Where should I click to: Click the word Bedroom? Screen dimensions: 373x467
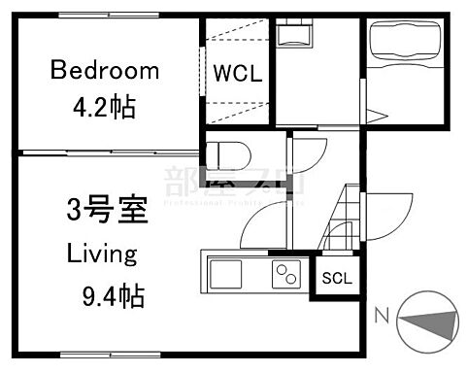click(x=105, y=70)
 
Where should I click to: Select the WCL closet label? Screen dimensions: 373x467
click(x=237, y=75)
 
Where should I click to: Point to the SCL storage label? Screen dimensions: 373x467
click(x=338, y=278)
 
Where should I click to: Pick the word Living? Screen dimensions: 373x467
click(x=100, y=254)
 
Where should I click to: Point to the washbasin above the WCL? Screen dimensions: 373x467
click(x=293, y=38)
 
